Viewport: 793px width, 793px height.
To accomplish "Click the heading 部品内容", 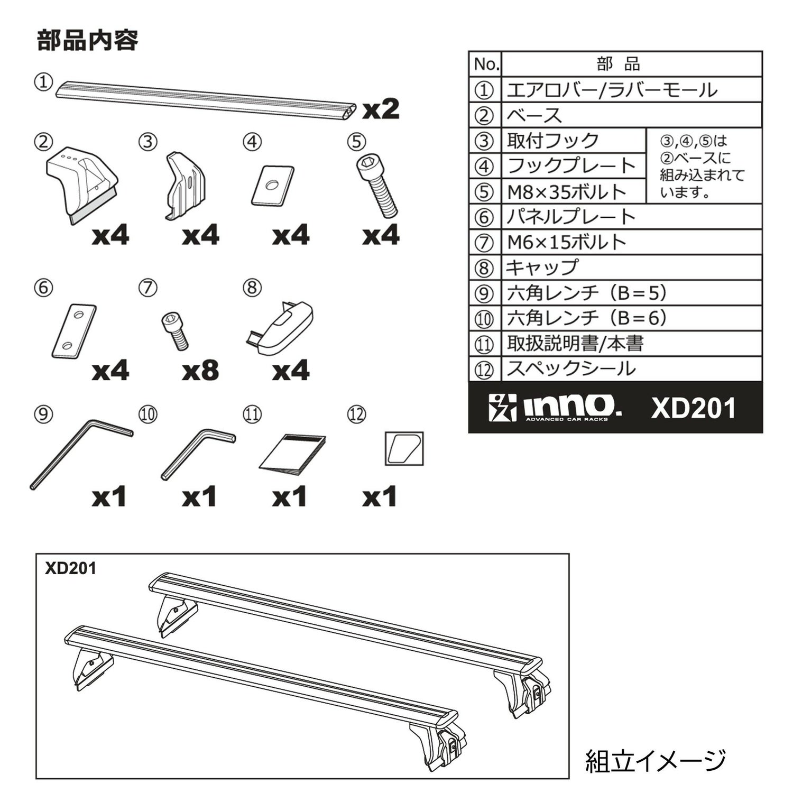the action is [x=88, y=40].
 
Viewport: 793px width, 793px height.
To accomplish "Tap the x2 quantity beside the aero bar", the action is [x=381, y=109].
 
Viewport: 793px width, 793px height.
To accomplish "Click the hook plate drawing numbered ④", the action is [x=272, y=185].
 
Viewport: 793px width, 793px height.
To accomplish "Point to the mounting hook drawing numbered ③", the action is [x=185, y=185].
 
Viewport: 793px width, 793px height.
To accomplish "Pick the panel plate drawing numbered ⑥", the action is [x=74, y=331].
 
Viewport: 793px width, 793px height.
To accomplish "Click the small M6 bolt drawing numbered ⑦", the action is [x=175, y=330].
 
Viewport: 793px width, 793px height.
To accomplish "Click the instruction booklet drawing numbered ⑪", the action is [x=292, y=453].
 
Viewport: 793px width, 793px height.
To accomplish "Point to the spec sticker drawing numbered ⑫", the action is [x=404, y=449].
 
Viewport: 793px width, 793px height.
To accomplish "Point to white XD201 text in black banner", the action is [x=693, y=408].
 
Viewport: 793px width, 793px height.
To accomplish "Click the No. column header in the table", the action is [x=486, y=64].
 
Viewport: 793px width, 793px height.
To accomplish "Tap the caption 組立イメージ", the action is [x=656, y=761].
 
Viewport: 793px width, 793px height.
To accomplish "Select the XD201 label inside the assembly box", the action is [x=71, y=568].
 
